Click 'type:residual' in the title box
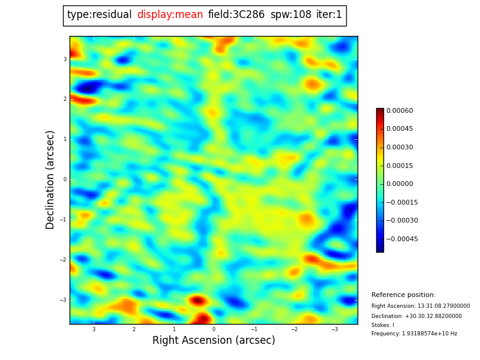coord(100,15)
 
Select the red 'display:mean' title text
coord(170,15)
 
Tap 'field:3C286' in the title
coord(236,15)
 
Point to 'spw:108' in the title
coord(290,15)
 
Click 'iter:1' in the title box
coord(329,15)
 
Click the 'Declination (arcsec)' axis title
coord(50,179)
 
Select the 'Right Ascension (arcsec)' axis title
coord(214,341)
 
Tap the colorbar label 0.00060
coord(400,111)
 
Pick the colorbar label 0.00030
coord(400,148)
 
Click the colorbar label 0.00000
coord(400,184)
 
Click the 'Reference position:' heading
coord(403,295)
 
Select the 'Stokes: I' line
coord(383,325)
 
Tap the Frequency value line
coord(414,334)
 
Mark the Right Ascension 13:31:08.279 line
coord(421,306)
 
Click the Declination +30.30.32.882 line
coord(416,316)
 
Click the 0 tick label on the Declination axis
coord(65,179)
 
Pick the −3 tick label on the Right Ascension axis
coord(335,329)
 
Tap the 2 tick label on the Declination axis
coord(65,99)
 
